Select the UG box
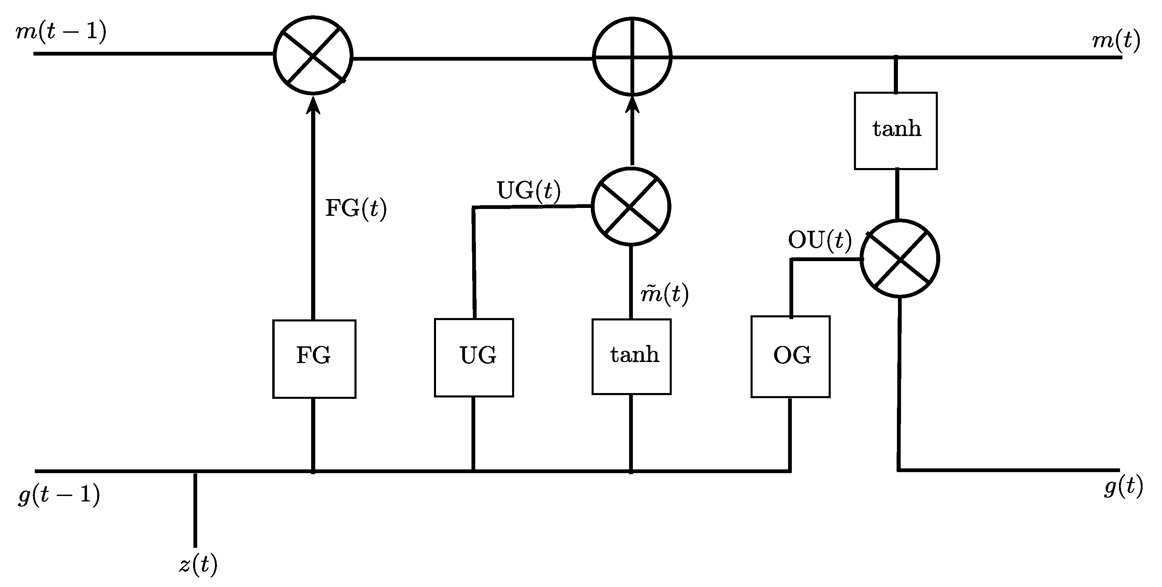474,358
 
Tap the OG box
790,356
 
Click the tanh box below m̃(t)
631,356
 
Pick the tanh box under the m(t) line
896,131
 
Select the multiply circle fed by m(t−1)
313,56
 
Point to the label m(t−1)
61,32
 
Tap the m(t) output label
1116,41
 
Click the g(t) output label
1123,487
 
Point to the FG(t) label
356,209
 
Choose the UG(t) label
528,191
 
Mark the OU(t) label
819,240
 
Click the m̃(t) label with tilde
665,294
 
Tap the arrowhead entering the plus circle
632,105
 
